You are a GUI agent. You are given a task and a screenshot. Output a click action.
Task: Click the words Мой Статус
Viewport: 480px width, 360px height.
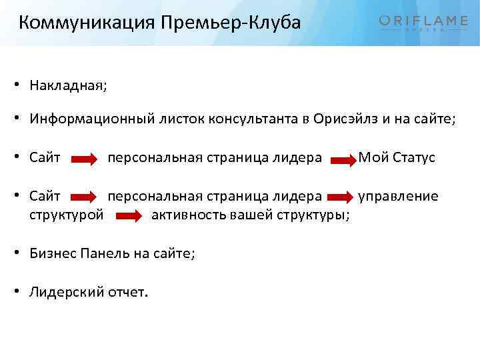(397, 158)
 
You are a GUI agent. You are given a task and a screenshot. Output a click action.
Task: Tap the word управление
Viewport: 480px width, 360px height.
(399, 196)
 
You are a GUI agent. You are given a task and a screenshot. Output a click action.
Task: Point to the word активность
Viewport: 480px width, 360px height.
(189, 215)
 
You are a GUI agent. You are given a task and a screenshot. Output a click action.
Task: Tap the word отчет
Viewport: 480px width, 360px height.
(128, 292)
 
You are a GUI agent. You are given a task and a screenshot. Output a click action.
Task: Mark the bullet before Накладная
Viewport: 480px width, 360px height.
(22, 86)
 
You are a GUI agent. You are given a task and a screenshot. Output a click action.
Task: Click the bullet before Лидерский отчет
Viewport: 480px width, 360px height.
(22, 293)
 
